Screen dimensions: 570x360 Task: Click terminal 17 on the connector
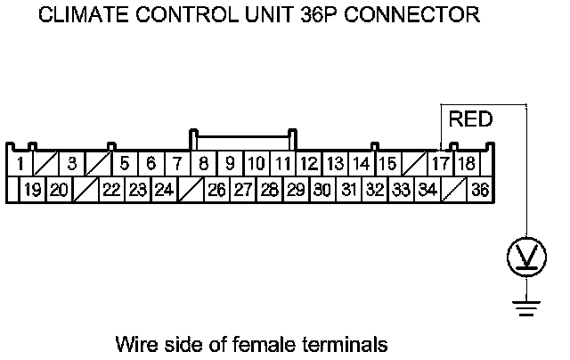point(441,164)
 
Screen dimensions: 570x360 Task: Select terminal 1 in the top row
point(20,164)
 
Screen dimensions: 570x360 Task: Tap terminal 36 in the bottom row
point(480,190)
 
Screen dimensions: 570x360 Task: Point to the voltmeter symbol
point(526,257)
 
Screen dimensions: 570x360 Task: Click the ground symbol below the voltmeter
point(526,308)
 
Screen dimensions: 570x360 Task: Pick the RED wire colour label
point(471,119)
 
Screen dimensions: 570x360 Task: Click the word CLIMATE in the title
point(83,15)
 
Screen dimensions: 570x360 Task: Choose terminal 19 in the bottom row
point(33,190)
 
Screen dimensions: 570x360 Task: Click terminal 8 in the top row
point(204,164)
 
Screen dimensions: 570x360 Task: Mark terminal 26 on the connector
point(216,190)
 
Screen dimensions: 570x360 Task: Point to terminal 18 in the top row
point(467,164)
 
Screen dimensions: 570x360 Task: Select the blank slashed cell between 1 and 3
point(46,164)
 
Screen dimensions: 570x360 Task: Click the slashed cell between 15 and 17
point(415,164)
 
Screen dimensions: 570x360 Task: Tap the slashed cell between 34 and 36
point(453,190)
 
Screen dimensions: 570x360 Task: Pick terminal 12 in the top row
point(309,164)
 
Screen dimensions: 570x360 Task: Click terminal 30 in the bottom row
point(322,190)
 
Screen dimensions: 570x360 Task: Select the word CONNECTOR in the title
point(412,15)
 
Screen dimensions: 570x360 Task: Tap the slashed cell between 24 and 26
point(191,190)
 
